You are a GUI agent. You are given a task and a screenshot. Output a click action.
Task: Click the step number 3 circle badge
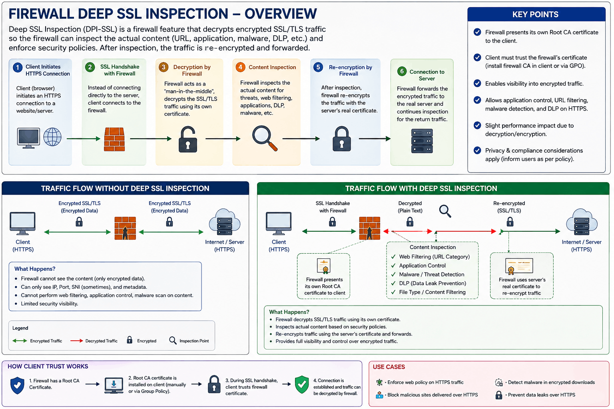(163, 67)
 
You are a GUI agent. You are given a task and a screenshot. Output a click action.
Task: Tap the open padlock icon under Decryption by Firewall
(188, 139)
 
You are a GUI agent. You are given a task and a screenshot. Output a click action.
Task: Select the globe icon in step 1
(52, 137)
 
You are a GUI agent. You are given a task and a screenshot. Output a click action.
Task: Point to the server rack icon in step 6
(422, 141)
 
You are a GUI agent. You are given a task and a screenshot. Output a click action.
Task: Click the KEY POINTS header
(536, 14)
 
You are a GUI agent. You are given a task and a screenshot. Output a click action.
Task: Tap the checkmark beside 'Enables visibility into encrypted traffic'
(477, 83)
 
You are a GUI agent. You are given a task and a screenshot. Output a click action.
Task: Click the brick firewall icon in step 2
(114, 139)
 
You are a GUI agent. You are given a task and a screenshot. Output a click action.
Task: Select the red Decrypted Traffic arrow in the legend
(76, 341)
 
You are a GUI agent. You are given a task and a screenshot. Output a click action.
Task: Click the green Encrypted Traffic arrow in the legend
(20, 341)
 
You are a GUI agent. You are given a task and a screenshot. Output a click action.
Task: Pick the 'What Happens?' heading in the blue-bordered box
(35, 269)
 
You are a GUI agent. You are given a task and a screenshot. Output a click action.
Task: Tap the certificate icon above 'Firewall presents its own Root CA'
(324, 266)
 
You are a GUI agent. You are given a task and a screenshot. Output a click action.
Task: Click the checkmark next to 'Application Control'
(393, 266)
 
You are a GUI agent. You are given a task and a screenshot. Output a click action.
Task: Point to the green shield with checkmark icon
(302, 384)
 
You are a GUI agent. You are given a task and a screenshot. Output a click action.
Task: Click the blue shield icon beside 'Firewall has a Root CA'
(17, 385)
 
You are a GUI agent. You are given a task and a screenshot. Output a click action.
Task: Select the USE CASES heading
(389, 367)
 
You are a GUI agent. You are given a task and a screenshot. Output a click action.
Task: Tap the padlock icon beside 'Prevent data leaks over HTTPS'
(498, 395)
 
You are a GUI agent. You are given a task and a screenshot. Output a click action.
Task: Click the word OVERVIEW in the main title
(281, 14)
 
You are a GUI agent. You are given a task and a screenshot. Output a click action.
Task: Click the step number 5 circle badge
(318, 67)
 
